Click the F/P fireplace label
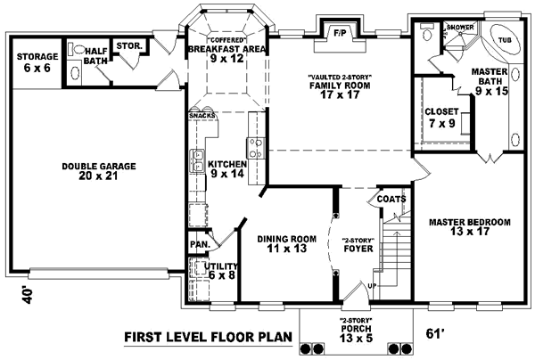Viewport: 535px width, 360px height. point(340,33)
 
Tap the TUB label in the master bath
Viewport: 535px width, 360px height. point(505,40)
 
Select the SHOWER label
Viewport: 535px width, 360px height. point(460,27)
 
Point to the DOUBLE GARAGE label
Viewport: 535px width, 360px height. point(99,167)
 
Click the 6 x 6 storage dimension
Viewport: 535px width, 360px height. point(37,68)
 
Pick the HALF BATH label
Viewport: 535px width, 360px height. point(95,56)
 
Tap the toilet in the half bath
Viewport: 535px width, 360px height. point(77,50)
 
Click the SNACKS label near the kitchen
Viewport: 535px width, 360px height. point(202,116)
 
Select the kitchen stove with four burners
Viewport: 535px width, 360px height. point(256,148)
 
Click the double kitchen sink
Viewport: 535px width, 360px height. point(197,161)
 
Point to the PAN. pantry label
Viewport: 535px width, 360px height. point(200,244)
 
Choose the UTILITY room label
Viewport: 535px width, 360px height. point(221,266)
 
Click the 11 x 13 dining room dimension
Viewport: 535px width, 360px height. point(287,249)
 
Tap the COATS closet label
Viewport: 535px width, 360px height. point(391,199)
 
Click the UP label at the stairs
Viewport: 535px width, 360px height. point(372,286)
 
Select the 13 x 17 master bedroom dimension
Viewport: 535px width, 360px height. point(470,232)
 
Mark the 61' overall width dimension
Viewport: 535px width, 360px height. point(433,333)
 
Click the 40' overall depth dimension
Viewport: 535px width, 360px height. point(28,296)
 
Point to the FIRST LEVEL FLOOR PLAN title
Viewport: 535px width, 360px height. point(208,337)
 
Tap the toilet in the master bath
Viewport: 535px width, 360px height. point(426,31)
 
